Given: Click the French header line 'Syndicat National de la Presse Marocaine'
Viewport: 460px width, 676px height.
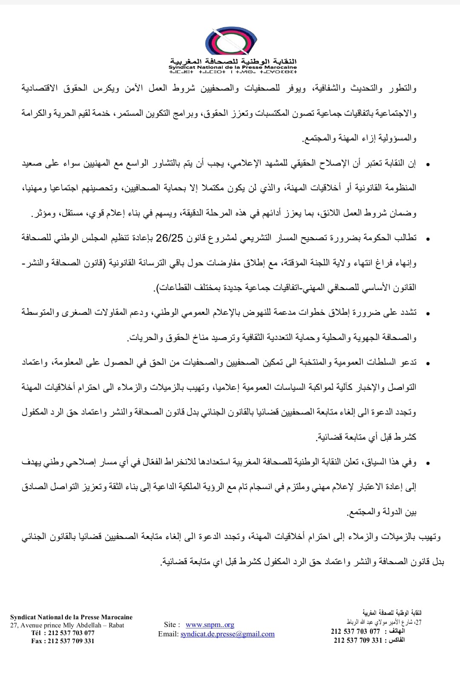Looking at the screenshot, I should coord(233,67).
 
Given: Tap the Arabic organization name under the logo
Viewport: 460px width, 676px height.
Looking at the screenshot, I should coord(233,61).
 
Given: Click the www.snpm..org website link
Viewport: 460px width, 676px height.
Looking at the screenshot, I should coord(210,625).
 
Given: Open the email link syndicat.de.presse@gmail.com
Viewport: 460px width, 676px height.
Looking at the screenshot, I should coord(227,634).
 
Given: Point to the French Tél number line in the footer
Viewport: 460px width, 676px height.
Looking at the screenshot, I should coord(63,633).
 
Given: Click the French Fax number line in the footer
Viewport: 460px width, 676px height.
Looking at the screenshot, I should coord(63,641).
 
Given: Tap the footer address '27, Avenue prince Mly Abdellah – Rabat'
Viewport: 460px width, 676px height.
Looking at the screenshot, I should coord(67,625).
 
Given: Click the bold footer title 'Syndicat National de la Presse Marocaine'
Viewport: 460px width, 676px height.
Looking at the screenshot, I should coord(71,617).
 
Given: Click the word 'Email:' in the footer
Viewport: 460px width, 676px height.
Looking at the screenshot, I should coord(168,634).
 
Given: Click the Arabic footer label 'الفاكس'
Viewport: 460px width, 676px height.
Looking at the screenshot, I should coord(395,640).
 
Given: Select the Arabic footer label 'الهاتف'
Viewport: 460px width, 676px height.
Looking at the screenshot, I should coord(397,631).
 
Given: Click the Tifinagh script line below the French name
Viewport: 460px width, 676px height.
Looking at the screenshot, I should coord(233,72).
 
